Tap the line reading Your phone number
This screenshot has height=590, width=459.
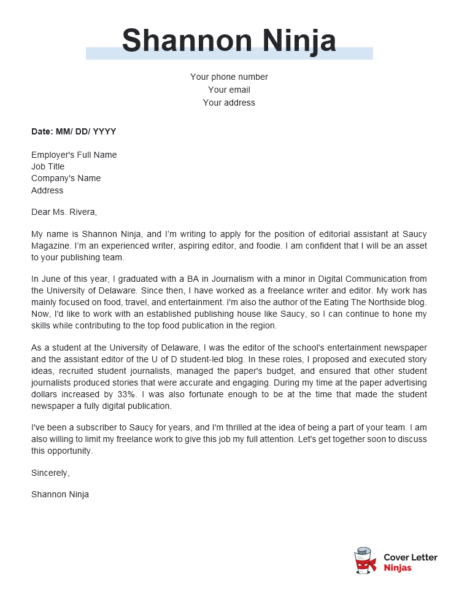229,77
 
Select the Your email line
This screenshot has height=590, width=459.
229,90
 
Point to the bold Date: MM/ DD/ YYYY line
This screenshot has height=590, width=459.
74,131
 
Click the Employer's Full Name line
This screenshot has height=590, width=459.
74,155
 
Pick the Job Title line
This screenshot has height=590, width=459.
48,166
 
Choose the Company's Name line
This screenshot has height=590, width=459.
66,178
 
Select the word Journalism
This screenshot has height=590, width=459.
230,279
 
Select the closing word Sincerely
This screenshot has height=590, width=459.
50,473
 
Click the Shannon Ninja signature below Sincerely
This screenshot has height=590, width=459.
60,494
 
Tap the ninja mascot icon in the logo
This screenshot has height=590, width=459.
365,561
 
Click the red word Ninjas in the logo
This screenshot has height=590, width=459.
398,568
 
